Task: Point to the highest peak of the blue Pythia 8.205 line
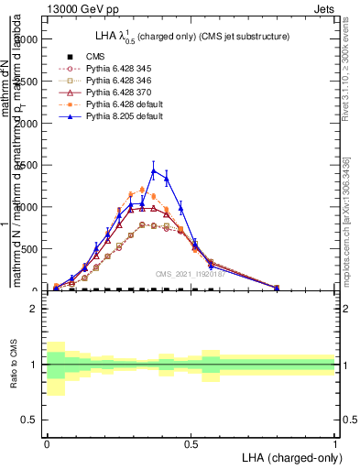[154, 170]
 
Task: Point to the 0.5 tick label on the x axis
[191, 442]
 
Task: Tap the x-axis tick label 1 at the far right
[335, 442]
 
